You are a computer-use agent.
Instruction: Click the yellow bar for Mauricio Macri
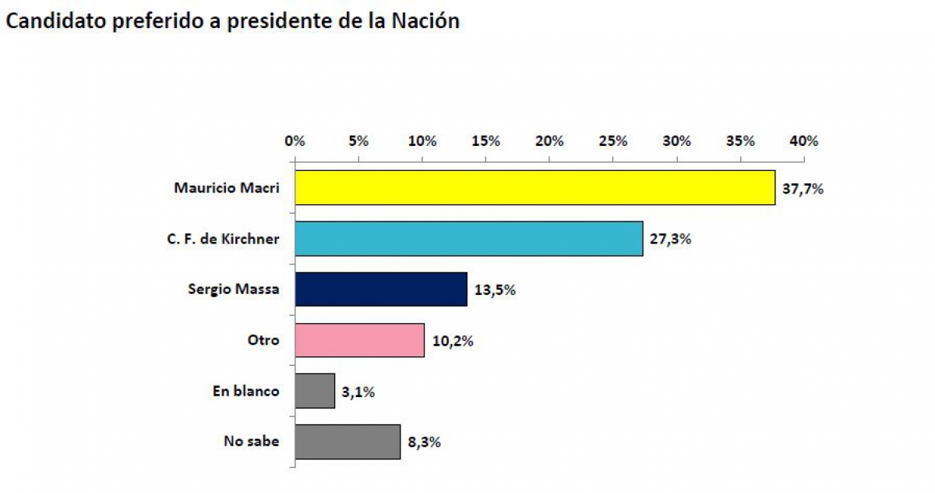click(x=535, y=188)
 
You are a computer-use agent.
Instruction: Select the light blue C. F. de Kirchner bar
click(x=469, y=239)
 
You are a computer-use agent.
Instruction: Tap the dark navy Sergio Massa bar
click(x=381, y=289)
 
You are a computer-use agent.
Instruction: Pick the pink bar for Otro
click(x=360, y=340)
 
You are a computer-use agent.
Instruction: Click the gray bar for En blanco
click(x=315, y=391)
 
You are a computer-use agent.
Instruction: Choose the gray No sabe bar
click(x=348, y=442)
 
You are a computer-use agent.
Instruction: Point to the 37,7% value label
click(x=803, y=188)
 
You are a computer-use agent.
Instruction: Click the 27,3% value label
click(x=670, y=239)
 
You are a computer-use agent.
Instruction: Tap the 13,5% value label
click(x=494, y=289)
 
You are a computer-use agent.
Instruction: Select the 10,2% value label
click(x=452, y=340)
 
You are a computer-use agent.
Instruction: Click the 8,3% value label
click(x=424, y=442)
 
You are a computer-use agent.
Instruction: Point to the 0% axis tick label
click(x=295, y=141)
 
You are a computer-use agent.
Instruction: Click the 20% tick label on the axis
click(x=549, y=141)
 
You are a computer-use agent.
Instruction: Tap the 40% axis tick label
click(x=804, y=141)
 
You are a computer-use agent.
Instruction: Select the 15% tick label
click(x=485, y=141)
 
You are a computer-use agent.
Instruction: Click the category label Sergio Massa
click(x=233, y=289)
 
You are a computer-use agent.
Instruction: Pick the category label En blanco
click(x=245, y=391)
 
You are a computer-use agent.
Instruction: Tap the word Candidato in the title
click(x=56, y=22)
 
